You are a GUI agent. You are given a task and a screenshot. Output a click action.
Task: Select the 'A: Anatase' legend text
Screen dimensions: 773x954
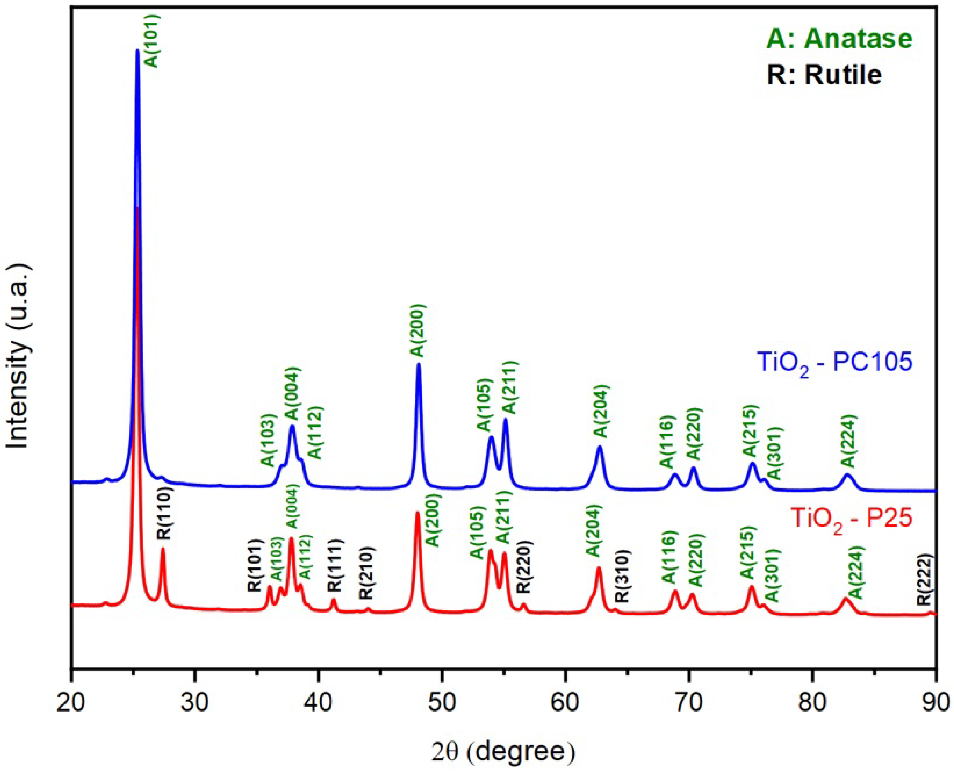[839, 39]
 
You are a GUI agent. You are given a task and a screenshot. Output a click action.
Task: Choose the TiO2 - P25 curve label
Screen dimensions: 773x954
[851, 519]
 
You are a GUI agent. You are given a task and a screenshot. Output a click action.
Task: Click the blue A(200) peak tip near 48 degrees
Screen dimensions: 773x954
[418, 364]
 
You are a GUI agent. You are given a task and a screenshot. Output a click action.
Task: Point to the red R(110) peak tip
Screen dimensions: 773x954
[163, 549]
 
